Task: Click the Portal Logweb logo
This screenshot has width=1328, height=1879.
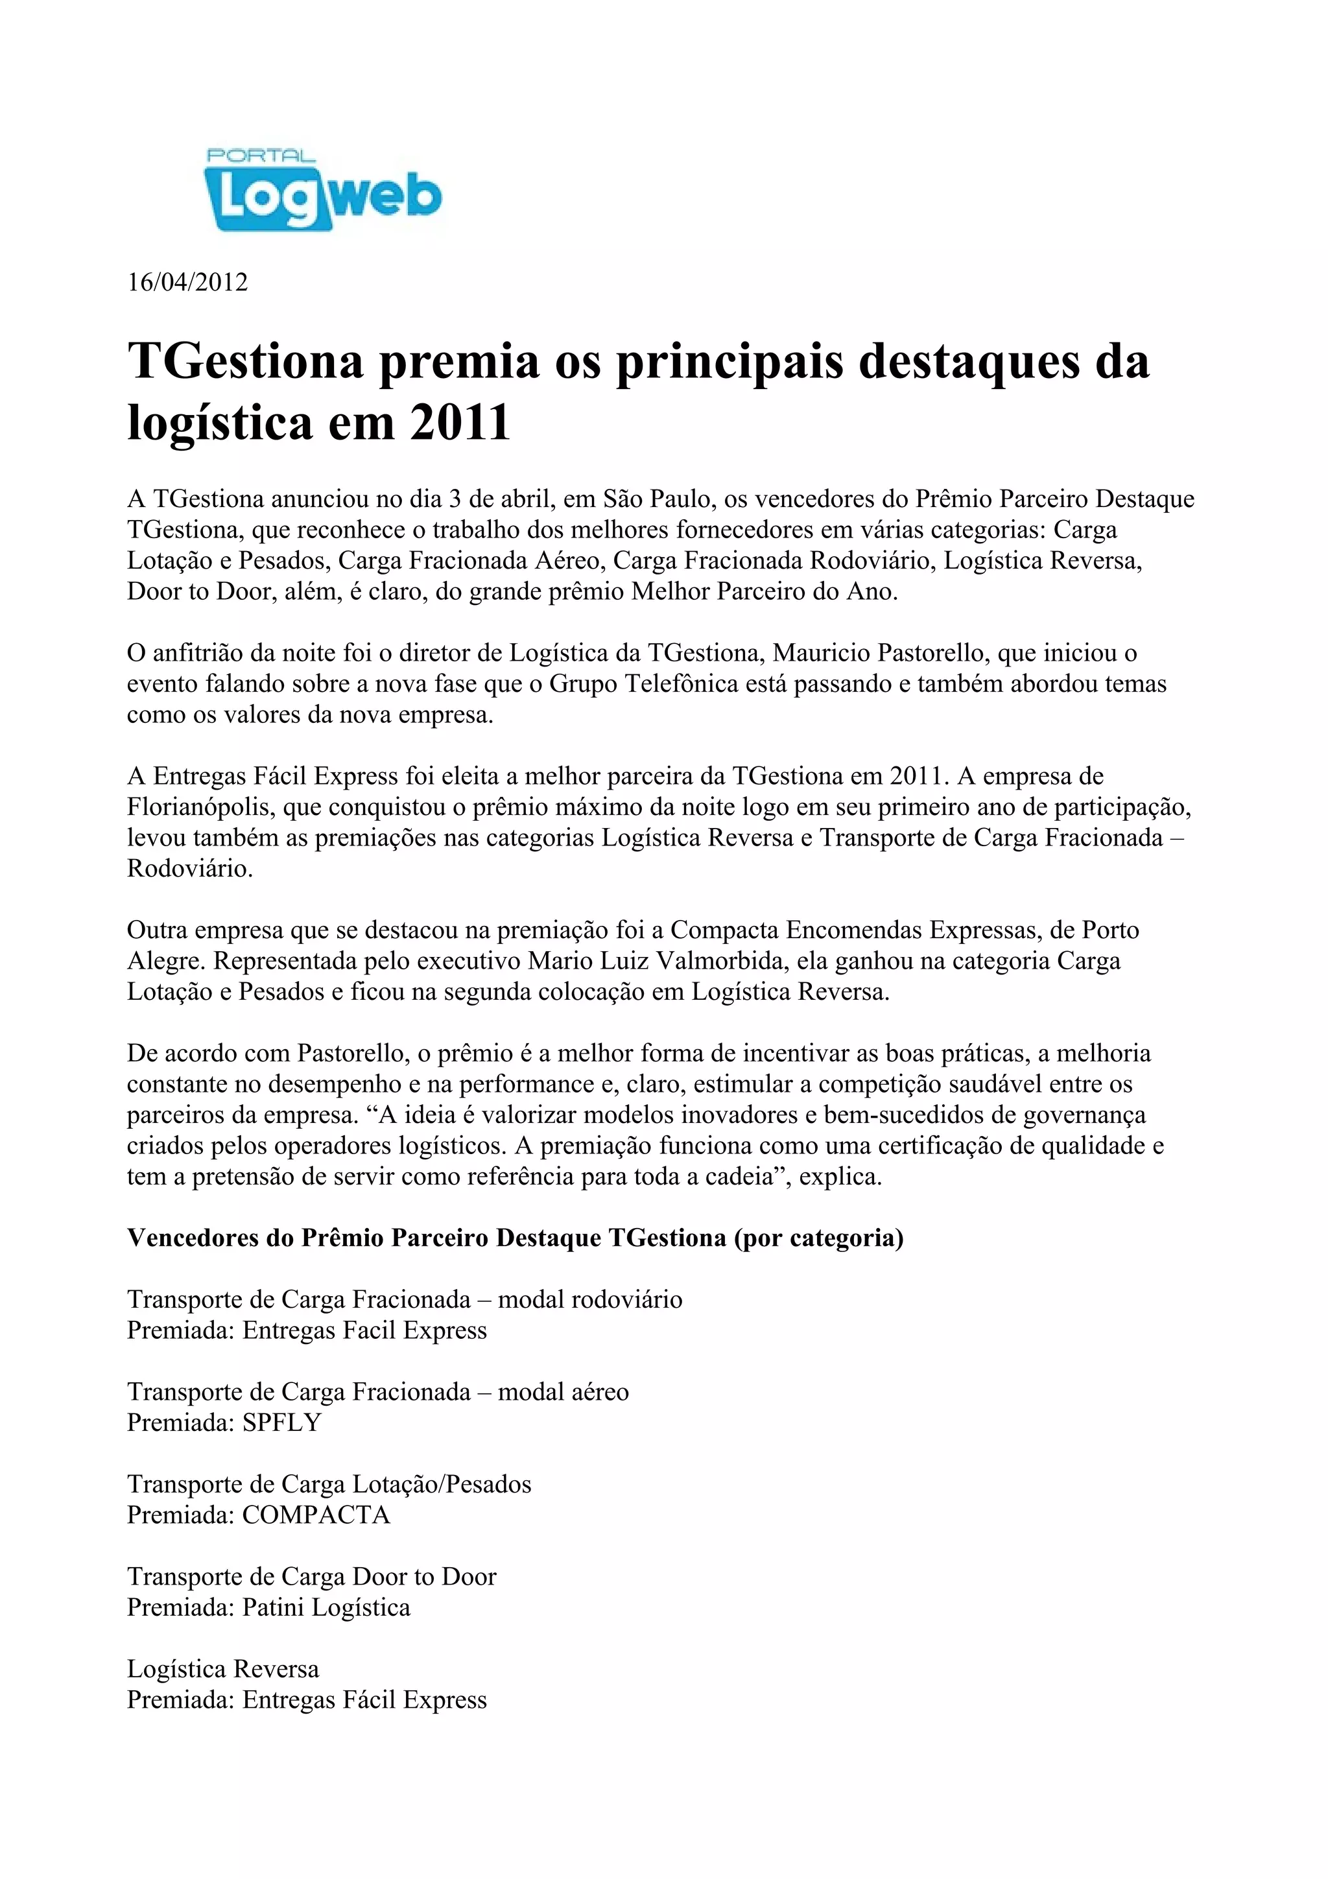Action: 322,191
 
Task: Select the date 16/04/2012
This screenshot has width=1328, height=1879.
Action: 187,282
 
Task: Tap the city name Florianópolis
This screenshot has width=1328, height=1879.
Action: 201,807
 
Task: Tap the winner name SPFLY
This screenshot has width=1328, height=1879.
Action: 281,1423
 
